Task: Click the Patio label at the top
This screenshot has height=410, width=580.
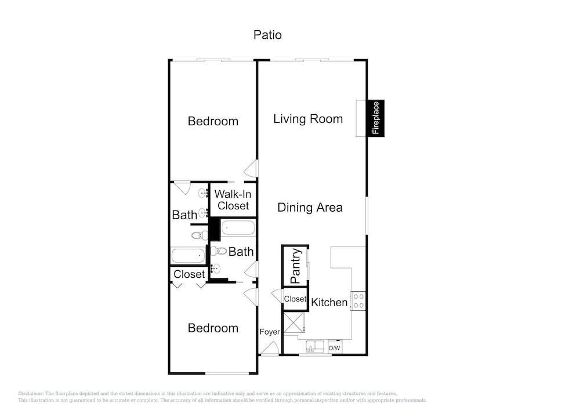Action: tap(267, 35)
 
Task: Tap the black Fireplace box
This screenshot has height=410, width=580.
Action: tap(375, 118)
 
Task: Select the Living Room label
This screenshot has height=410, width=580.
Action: tap(308, 119)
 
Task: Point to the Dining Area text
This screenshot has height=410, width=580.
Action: tap(310, 208)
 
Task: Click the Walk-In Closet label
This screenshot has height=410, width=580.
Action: tap(233, 199)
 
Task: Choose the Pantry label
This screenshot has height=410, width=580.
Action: tap(296, 266)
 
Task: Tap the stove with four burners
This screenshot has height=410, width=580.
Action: tap(358, 300)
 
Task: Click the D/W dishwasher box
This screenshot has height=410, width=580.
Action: tap(335, 348)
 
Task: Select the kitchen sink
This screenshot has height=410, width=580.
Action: tap(315, 347)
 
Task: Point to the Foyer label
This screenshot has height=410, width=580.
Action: tap(270, 332)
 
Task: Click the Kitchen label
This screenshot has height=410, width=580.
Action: tap(329, 302)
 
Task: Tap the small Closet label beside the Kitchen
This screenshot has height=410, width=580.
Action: tap(295, 299)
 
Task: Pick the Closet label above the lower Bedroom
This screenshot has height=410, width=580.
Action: tap(189, 274)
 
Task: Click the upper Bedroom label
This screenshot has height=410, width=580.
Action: tap(213, 121)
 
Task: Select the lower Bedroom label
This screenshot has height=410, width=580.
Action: tap(213, 328)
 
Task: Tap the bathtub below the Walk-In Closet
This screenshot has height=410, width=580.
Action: tap(238, 228)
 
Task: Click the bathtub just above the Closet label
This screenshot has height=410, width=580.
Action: tap(188, 256)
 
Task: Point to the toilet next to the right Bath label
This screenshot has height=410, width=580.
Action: tap(219, 251)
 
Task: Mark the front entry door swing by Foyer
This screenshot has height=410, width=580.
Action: tap(270, 348)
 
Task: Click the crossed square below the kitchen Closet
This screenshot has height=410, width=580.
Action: tap(294, 323)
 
